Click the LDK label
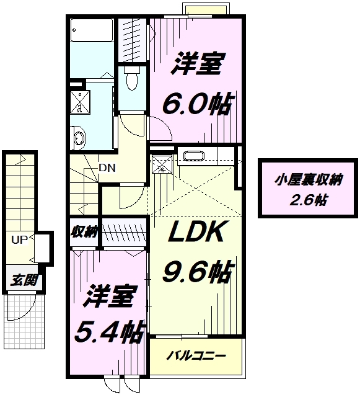pos(196,231)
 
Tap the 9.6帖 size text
pos(197,272)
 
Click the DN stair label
pos(107,167)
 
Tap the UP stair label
pos(19,239)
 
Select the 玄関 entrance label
pos(24,280)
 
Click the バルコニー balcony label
pos(196,356)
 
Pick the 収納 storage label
pos(84,231)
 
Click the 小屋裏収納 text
pos(309,181)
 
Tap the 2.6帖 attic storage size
pos(308,200)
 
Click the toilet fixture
pos(132,78)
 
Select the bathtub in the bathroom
pos(91,30)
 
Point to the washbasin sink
pos(78,138)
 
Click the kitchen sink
pos(194,156)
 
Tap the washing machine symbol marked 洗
pos(80,102)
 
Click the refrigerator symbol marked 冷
pos(162,164)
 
